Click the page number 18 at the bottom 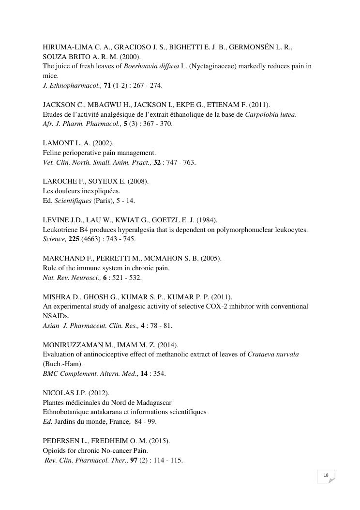click(326, 475)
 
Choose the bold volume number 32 click(157, 162)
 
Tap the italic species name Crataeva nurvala click(273, 355)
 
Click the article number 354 click(159, 373)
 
